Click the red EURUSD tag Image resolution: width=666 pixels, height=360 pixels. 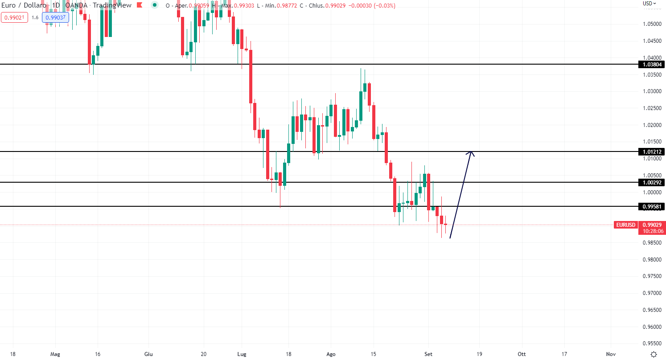(626, 225)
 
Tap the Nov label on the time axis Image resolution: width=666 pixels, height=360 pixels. (611, 354)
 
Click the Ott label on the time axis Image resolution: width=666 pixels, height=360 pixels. (521, 354)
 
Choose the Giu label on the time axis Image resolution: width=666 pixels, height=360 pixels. (149, 354)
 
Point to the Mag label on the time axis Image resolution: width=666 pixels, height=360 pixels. (55, 354)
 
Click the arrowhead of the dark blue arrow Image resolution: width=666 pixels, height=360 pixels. (471, 153)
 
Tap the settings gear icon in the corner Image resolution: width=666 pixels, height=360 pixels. (654, 354)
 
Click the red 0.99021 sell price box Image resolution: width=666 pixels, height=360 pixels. (14, 17)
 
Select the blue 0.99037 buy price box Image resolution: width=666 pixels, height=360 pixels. (55, 17)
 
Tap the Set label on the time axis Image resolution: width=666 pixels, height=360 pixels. (429, 354)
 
